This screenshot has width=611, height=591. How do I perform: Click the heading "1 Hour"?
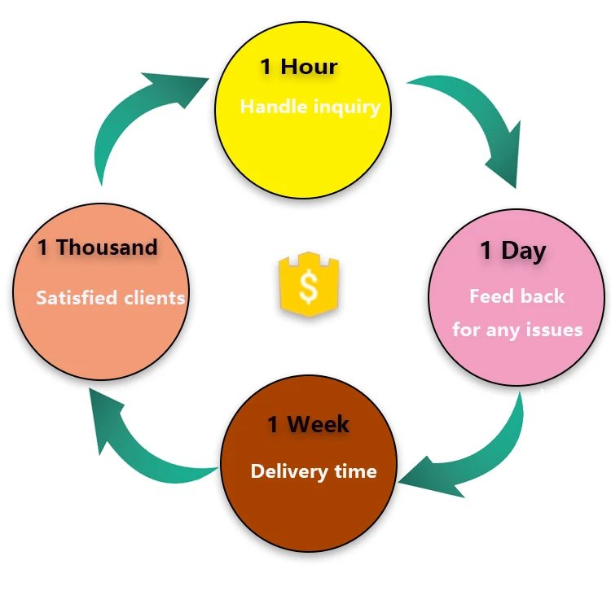tap(298, 67)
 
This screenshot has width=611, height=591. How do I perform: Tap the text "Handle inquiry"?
tap(310, 107)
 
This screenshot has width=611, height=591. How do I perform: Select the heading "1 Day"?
tap(512, 251)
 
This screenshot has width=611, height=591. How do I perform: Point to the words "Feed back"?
tap(516, 295)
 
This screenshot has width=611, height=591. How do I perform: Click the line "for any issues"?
tap(517, 330)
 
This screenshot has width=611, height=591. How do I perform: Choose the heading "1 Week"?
tap(309, 424)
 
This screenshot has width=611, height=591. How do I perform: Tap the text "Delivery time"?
tap(314, 471)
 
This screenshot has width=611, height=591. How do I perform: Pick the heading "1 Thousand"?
tap(97, 247)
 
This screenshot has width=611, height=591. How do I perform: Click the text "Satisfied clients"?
tap(110, 297)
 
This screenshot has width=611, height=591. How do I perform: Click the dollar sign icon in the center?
tap(307, 284)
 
